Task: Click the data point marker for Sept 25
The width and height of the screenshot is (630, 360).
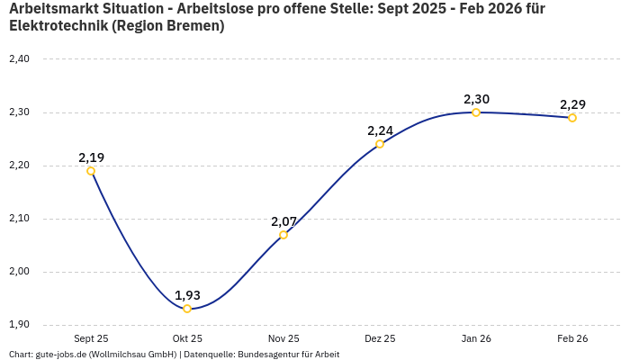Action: coord(91,171)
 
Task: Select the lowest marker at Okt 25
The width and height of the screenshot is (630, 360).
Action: coord(187,309)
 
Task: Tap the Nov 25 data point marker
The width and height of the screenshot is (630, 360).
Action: coord(283,235)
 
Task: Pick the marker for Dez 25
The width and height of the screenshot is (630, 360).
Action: coord(380,144)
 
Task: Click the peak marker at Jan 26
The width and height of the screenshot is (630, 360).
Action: coord(476,112)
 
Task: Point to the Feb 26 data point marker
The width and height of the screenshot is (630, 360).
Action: coord(572,118)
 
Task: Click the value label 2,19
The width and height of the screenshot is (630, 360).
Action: coord(91,157)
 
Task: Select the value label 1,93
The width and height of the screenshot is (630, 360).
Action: coord(187,295)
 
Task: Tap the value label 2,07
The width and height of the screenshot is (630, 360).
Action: coord(283,221)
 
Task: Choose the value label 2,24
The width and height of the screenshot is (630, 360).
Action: coord(380,130)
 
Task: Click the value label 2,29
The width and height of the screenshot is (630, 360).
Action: coord(572,104)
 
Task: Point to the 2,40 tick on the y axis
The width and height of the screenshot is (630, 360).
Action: coord(19,59)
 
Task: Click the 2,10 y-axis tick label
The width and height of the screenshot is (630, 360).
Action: coord(19,219)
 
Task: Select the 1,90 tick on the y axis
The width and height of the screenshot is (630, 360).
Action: coord(19,325)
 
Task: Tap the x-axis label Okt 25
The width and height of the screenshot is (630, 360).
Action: coord(187,339)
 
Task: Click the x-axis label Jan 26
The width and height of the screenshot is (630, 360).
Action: coord(476,339)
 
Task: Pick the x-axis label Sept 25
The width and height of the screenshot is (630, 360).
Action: coord(91,339)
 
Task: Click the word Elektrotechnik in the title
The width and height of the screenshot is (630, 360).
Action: coord(57,26)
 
